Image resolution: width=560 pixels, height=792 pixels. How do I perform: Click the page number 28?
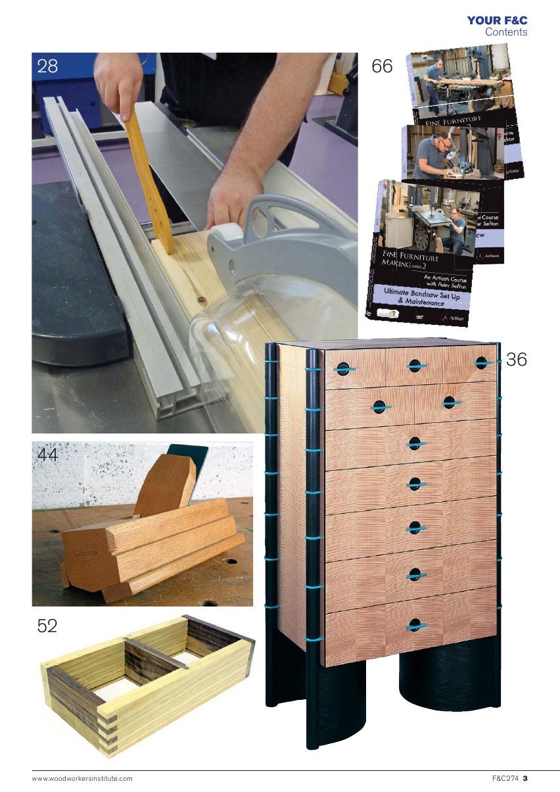[x=47, y=66]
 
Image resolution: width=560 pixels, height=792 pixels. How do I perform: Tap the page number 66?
[x=382, y=66]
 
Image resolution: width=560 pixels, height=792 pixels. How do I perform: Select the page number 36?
[x=517, y=359]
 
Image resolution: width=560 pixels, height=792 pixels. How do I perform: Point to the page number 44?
[x=48, y=455]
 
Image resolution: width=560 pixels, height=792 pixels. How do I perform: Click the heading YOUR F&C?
[x=497, y=20]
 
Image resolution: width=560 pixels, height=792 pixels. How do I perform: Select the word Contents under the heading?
[x=505, y=32]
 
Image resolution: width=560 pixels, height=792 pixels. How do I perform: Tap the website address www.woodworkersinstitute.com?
[x=82, y=779]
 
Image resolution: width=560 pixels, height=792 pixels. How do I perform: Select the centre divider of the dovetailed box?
[x=155, y=654]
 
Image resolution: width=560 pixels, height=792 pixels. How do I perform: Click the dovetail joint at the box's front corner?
[x=110, y=730]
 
